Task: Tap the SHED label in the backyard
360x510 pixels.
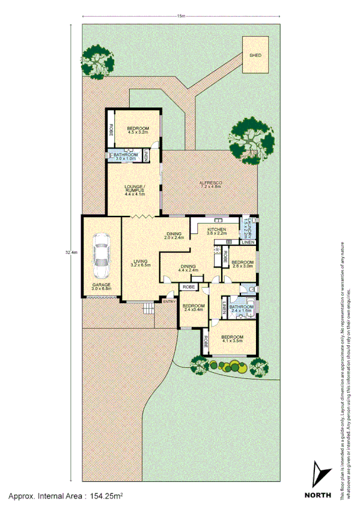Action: (x=255, y=55)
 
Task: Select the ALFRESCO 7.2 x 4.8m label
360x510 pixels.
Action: (x=211, y=184)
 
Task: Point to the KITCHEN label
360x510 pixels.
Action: (x=216, y=232)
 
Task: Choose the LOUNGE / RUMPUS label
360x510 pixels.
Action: (x=135, y=191)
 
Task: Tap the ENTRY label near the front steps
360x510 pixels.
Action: (x=169, y=301)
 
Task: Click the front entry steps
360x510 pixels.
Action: (x=148, y=309)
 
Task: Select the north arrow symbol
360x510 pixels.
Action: (x=319, y=475)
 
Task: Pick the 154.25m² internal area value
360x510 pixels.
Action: (x=106, y=496)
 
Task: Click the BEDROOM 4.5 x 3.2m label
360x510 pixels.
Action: (x=135, y=131)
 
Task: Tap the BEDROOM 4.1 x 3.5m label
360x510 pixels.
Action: (x=231, y=339)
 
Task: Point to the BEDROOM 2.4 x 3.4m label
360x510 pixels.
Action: (x=194, y=308)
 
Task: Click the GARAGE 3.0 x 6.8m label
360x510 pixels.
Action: (x=100, y=287)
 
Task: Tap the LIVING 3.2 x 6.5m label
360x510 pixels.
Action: (x=141, y=263)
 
